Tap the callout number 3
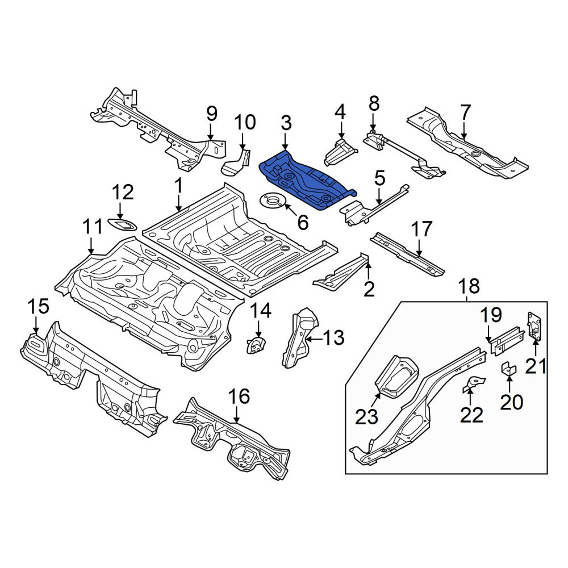[286, 123]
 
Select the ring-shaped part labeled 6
[272, 200]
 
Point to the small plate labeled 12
[123, 225]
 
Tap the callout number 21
[536, 367]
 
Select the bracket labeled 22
[474, 385]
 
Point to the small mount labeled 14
[257, 345]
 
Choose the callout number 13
[333, 337]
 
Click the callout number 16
[239, 396]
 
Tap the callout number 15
[39, 307]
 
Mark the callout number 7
[465, 113]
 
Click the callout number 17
[421, 229]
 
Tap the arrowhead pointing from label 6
[286, 207]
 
